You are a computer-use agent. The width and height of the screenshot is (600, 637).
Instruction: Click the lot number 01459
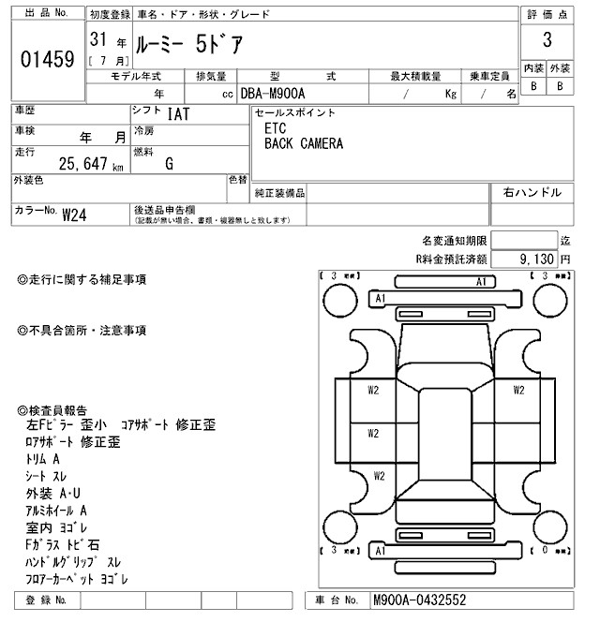pos(47,59)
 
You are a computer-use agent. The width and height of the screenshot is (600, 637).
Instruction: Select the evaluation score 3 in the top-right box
pos(547,41)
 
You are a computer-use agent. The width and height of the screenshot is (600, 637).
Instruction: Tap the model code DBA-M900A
pos(274,94)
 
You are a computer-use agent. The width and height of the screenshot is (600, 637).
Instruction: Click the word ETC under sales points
pos(276,128)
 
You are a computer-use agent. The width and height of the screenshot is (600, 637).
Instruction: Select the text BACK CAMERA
pos(303,144)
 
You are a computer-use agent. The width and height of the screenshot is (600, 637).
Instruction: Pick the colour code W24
pos(75,215)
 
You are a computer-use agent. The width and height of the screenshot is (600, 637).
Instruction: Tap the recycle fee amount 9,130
pos(536,258)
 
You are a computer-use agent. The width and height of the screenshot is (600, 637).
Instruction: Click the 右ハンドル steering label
pos(532,192)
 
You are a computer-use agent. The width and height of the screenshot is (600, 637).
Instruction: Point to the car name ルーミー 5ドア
pos(187,43)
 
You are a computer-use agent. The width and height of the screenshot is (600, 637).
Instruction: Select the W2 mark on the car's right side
pos(517,390)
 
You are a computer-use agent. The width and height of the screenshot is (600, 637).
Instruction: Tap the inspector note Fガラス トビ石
pos(64,544)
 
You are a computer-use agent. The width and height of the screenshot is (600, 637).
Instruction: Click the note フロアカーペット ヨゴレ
pos(77,579)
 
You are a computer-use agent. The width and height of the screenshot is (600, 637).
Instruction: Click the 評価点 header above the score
pos(547,14)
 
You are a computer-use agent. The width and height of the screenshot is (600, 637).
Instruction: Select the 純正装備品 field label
pos(280,192)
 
